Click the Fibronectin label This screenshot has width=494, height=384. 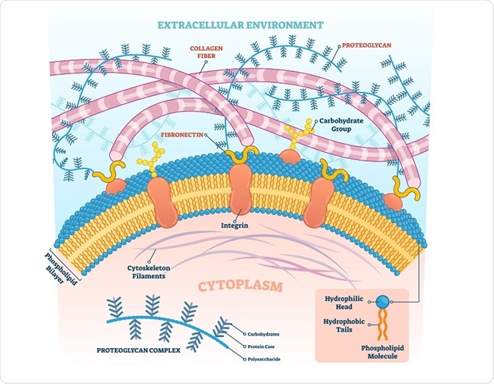180,136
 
